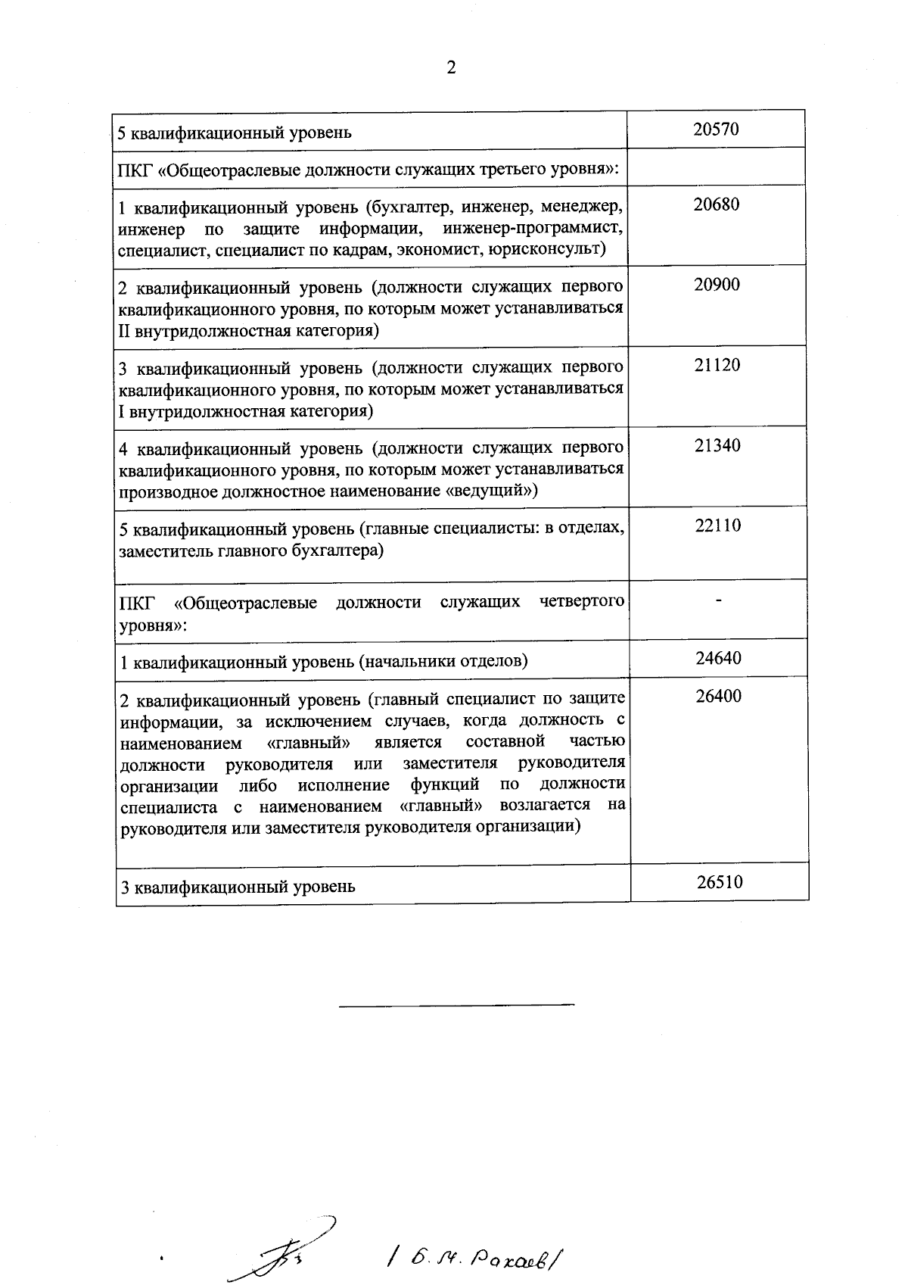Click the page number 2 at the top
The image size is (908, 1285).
[x=452, y=68]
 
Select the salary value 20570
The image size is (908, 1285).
[x=716, y=129]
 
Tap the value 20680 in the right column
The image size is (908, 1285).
[x=717, y=204]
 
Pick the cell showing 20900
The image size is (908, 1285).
[x=717, y=285]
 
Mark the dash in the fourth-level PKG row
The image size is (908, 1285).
[x=719, y=600]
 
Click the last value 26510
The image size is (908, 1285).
[x=720, y=881]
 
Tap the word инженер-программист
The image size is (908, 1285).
[x=533, y=228]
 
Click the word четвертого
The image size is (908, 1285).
[x=583, y=602]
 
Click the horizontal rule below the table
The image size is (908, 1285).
[x=456, y=1005]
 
